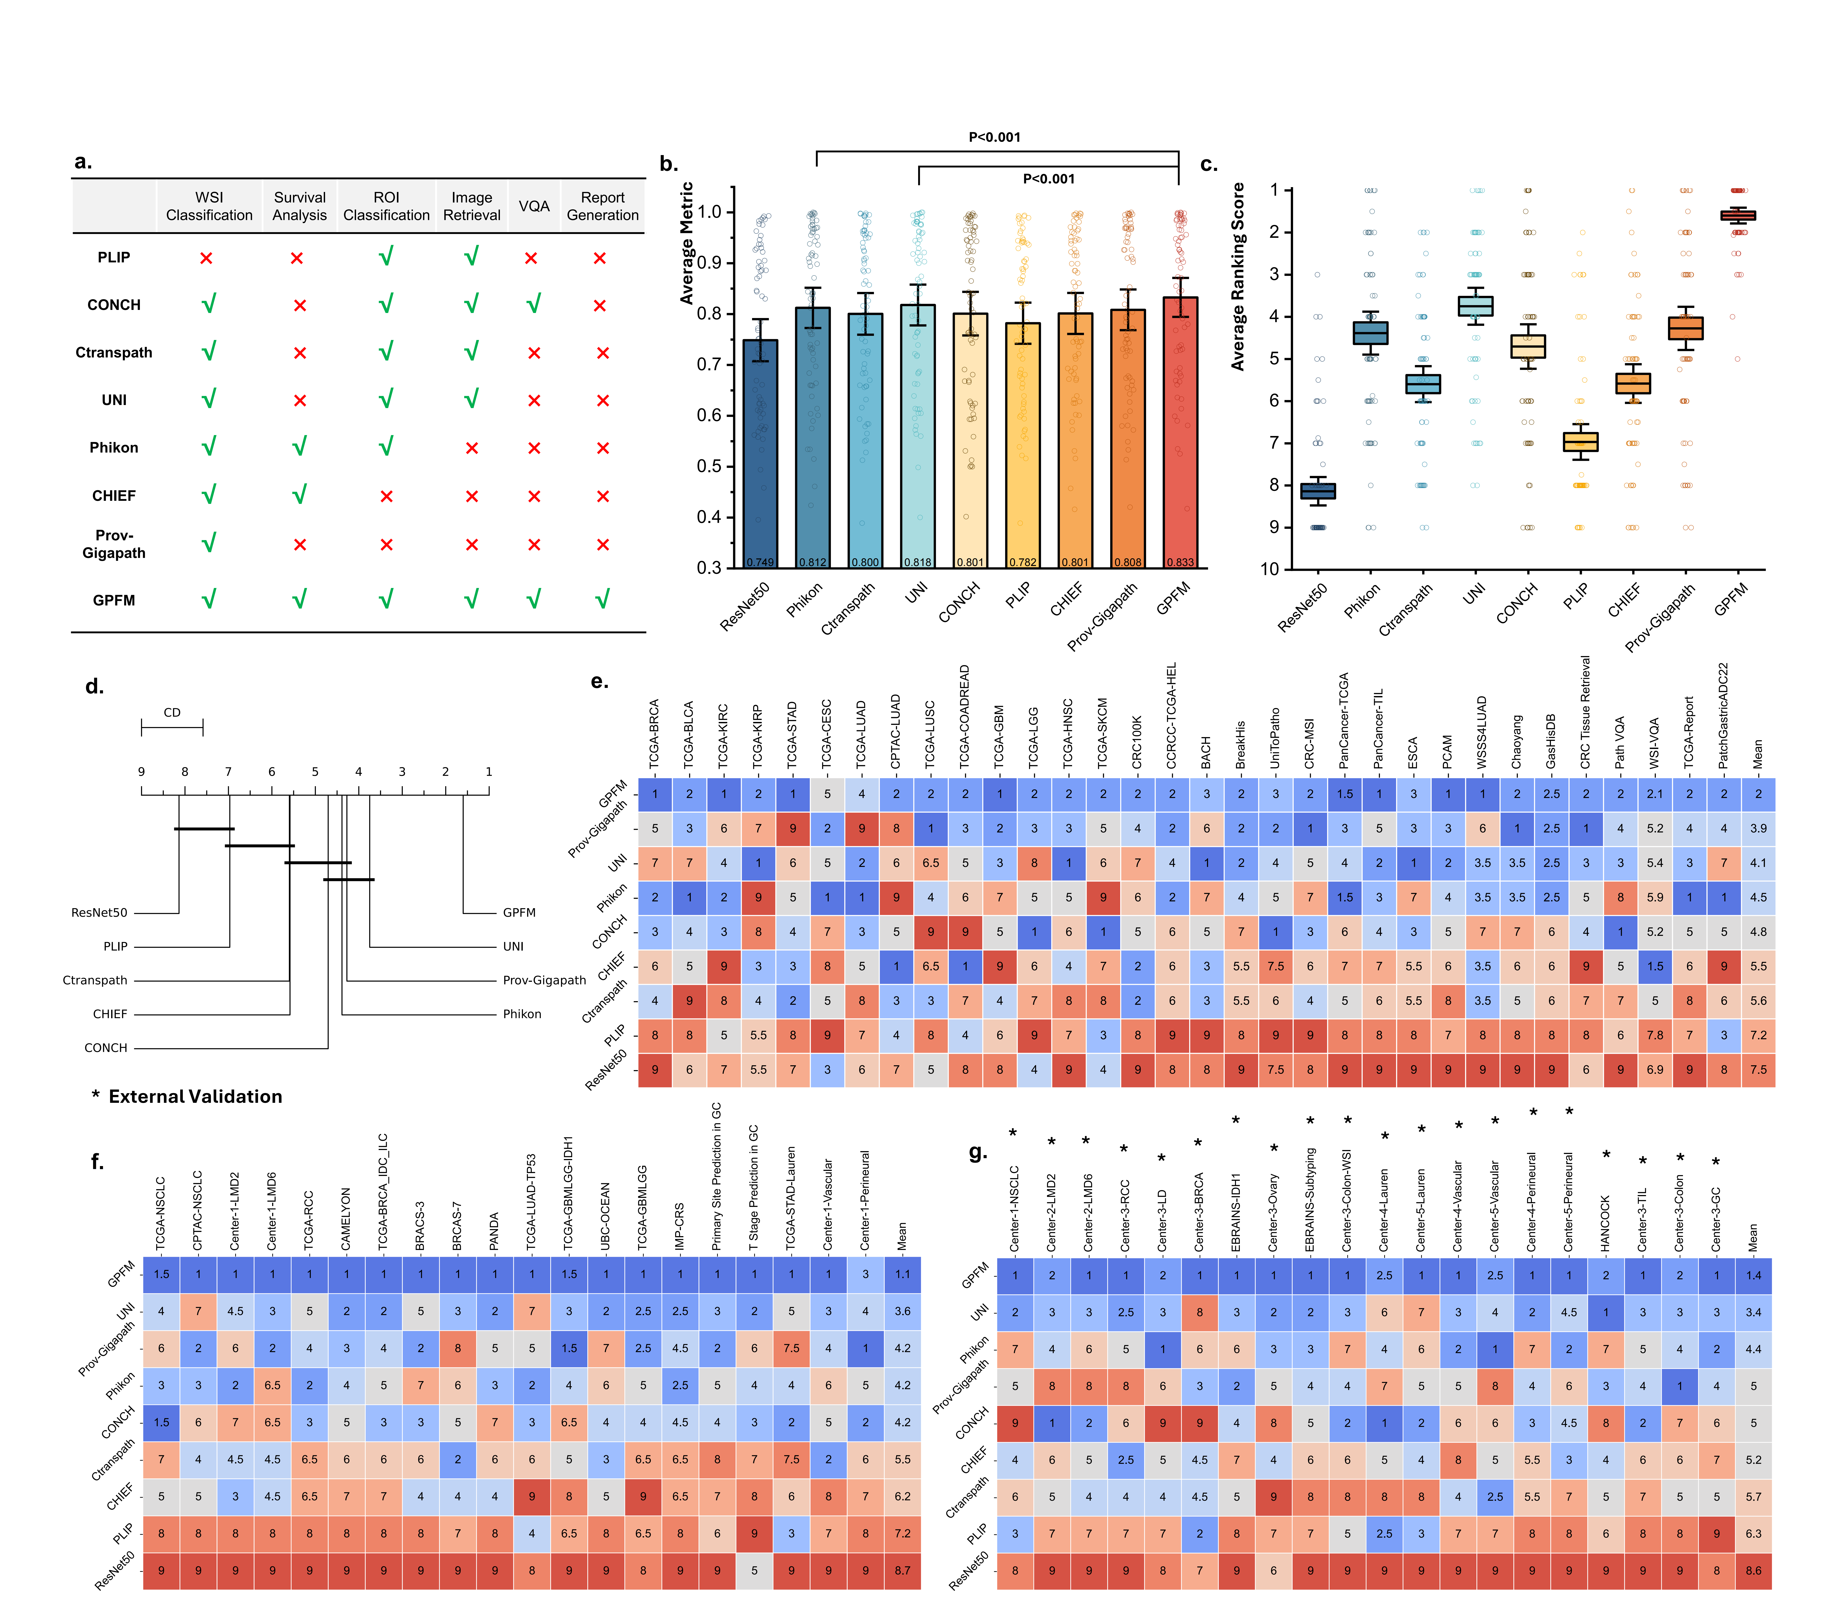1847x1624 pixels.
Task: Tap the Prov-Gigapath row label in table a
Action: click(x=114, y=544)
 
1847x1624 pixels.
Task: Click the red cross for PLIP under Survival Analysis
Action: click(x=296, y=259)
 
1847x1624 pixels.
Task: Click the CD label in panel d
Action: click(x=172, y=712)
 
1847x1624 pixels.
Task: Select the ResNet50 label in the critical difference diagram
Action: click(x=99, y=913)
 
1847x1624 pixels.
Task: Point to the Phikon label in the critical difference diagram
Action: click(x=522, y=1014)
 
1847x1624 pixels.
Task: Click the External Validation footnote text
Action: click(x=195, y=1096)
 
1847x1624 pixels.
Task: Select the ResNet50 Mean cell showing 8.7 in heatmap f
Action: click(x=902, y=1571)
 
